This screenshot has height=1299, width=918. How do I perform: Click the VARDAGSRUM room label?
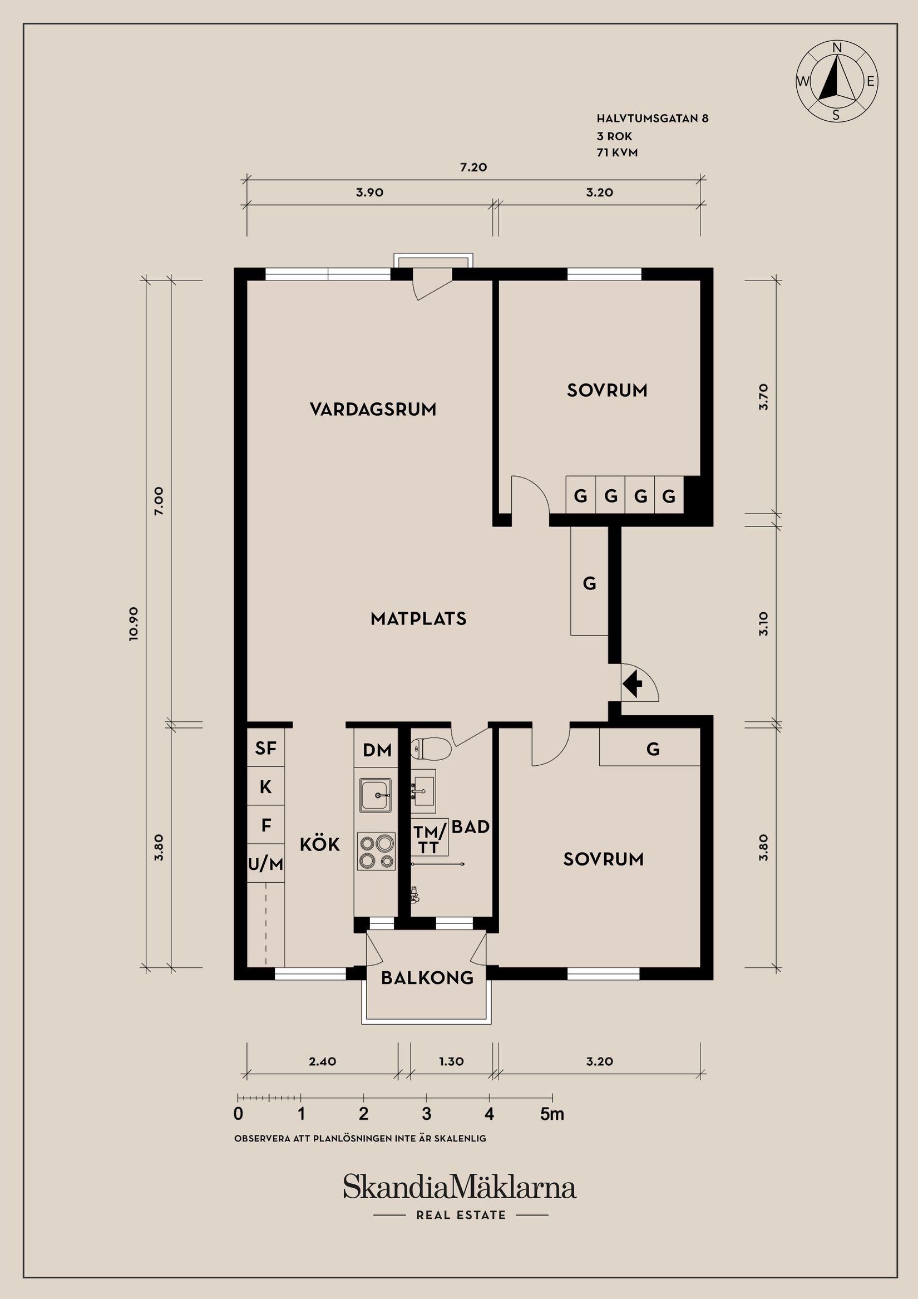pyautogui.click(x=373, y=409)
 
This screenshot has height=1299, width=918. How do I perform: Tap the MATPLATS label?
pyautogui.click(x=418, y=618)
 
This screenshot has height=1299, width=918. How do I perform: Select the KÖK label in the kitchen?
pyautogui.click(x=319, y=845)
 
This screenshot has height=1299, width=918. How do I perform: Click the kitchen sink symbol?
pyautogui.click(x=375, y=794)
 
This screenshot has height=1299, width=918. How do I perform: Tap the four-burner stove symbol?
pyautogui.click(x=376, y=851)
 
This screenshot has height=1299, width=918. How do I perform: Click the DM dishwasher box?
pyautogui.click(x=377, y=750)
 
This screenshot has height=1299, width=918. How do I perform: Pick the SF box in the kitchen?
pyautogui.click(x=265, y=749)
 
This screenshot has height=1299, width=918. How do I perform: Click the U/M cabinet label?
pyautogui.click(x=265, y=864)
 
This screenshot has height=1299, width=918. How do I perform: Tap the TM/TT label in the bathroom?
pyautogui.click(x=430, y=840)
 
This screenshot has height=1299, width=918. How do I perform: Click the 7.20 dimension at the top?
pyautogui.click(x=473, y=168)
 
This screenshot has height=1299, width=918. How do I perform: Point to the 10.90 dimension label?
pyautogui.click(x=134, y=623)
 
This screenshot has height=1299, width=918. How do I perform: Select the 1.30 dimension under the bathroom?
pyautogui.click(x=451, y=1061)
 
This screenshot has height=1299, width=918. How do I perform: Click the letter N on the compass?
pyautogui.click(x=838, y=48)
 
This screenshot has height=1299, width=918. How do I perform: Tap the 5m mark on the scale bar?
pyautogui.click(x=552, y=1114)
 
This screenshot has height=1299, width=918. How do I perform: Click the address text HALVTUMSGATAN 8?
pyautogui.click(x=652, y=119)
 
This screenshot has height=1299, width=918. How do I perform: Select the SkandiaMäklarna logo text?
pyautogui.click(x=460, y=1188)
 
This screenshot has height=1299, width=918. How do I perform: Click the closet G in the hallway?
pyautogui.click(x=589, y=583)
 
